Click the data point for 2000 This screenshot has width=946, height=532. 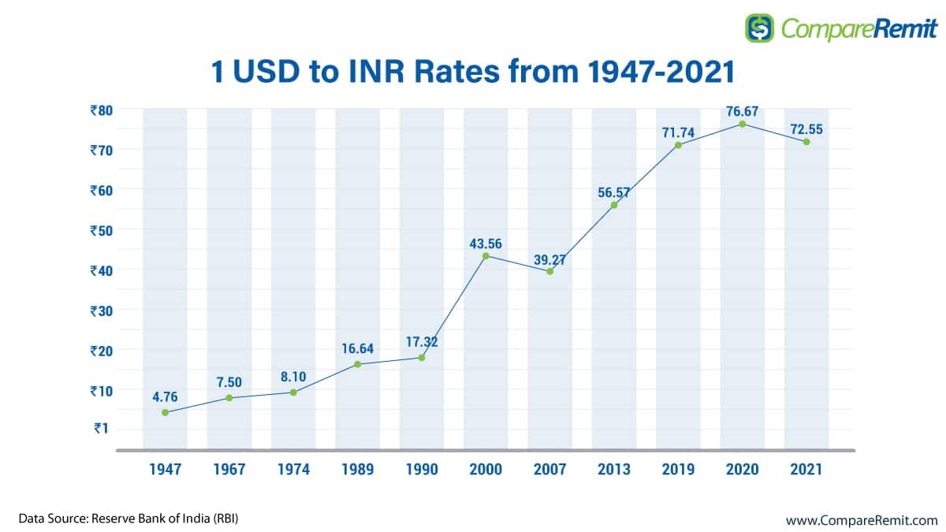tap(486, 255)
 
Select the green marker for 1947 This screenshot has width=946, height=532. tap(165, 412)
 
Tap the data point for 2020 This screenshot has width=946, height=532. tap(742, 124)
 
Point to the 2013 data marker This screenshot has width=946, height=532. tap(614, 205)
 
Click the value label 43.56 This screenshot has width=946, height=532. tap(486, 244)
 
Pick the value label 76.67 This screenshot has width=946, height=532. tap(742, 111)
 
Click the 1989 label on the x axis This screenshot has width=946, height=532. tap(358, 470)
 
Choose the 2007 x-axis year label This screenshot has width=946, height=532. tap(550, 470)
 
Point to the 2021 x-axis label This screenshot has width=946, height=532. tap(806, 470)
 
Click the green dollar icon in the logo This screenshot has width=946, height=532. tap(760, 28)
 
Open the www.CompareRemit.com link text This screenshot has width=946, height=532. tap(862, 520)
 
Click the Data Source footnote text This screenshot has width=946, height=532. tap(128, 519)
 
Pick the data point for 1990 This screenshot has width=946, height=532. tap(422, 358)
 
